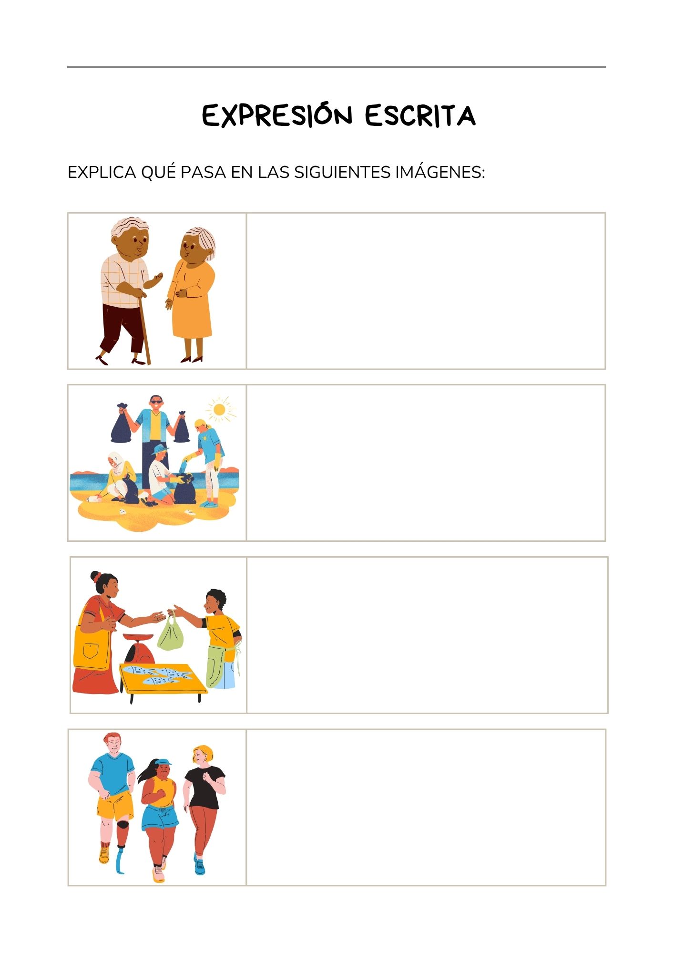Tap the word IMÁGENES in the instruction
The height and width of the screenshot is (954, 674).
(440, 172)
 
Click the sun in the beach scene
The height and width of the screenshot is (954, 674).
(220, 409)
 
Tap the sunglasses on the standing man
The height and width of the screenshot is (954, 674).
(156, 402)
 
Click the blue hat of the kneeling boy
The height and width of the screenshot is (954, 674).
(159, 449)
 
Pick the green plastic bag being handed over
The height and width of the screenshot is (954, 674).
(170, 633)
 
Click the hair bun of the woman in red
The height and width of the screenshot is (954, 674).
(95, 576)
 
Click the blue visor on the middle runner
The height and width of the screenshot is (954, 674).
(163, 762)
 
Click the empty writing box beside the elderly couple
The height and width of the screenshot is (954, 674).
(426, 291)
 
